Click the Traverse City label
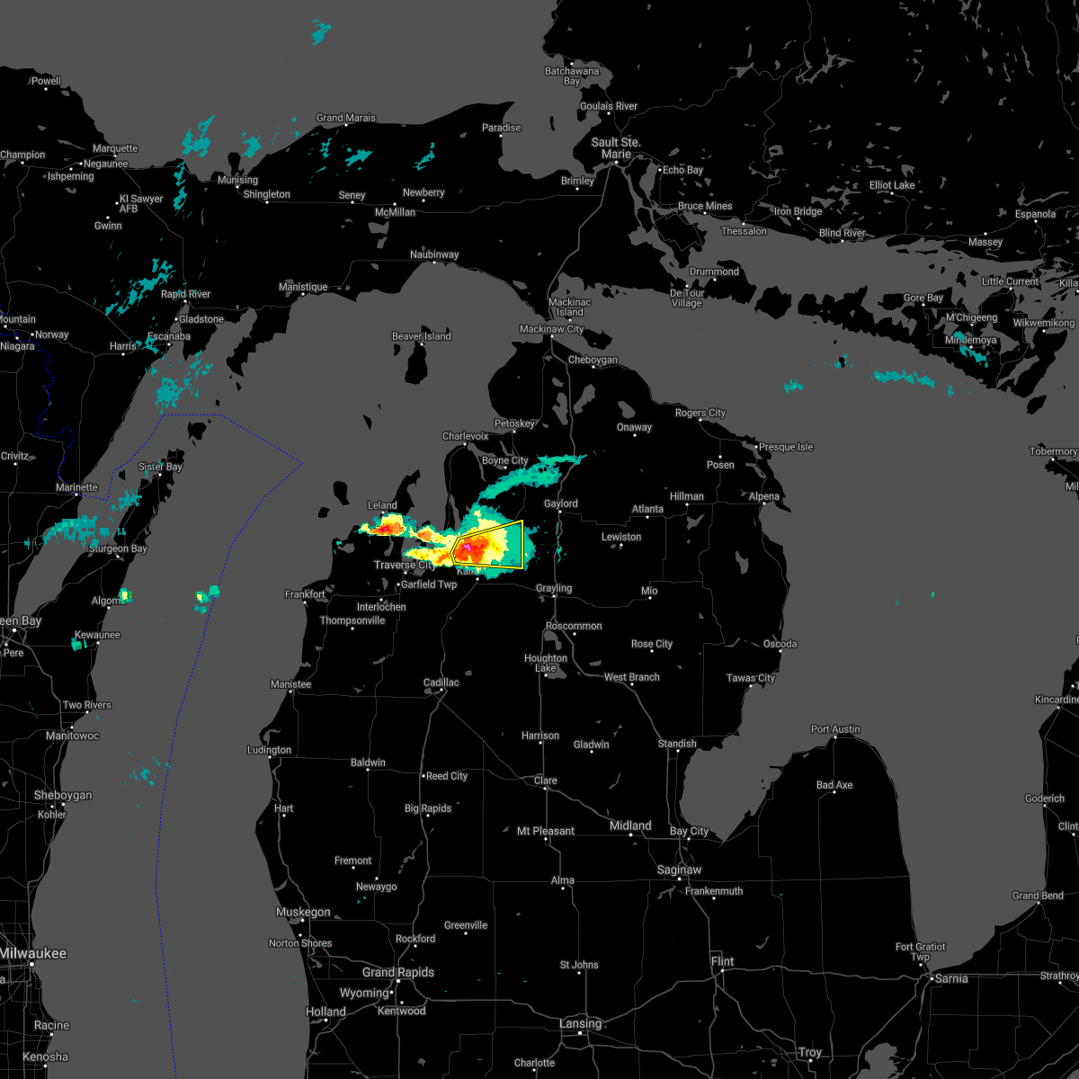coord(405,565)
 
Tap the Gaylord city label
coord(560,504)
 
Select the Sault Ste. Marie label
coord(616,148)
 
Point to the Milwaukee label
coord(33,953)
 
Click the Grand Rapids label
coord(397,972)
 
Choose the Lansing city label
coord(580,1023)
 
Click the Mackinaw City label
coord(551,330)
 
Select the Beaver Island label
coord(421,336)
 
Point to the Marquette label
coord(115,148)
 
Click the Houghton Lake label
coord(546,664)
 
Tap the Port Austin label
coord(835,729)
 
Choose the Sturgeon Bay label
coord(118,548)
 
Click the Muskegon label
coord(303,912)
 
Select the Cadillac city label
coord(441,682)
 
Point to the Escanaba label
coord(145,336)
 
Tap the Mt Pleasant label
coord(546,831)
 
